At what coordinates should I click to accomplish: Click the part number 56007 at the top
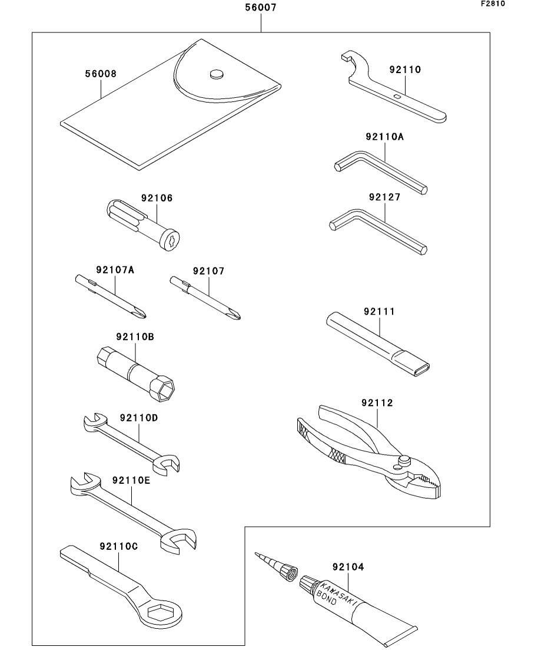(260, 8)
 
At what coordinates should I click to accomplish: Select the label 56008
(101, 74)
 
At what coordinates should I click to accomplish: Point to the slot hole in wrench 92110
(398, 95)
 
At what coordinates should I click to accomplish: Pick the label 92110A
(384, 137)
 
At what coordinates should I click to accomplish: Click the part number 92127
(384, 197)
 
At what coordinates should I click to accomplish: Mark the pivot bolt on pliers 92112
(404, 459)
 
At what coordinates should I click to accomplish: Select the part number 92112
(377, 403)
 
